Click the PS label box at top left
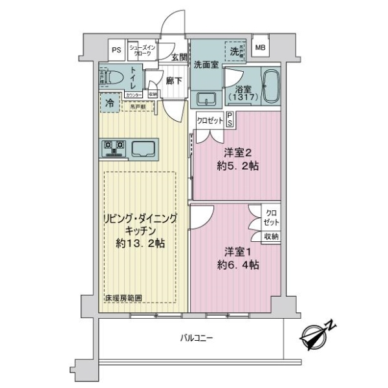tap(116, 49)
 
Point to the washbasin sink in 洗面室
tap(206, 99)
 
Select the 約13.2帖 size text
tap(140, 243)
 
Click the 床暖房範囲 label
tap(124, 298)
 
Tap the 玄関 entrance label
tap(178, 58)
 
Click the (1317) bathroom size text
tap(243, 96)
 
